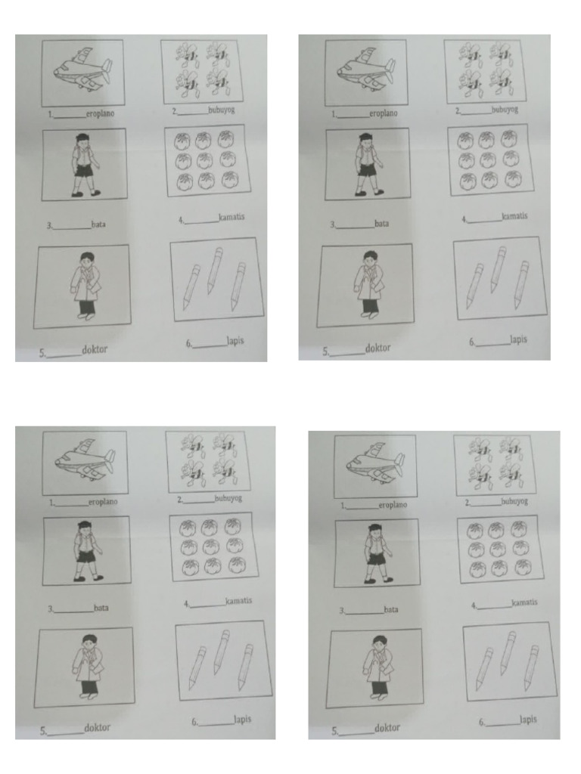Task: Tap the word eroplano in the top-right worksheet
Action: point(383,113)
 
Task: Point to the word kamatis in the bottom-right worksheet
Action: point(524,602)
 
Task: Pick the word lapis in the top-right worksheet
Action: point(518,340)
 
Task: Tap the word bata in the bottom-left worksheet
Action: point(101,607)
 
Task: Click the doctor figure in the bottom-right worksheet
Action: point(375,667)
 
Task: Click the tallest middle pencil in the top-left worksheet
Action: point(215,269)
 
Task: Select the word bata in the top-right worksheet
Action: point(381,224)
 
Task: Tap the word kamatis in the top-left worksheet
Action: point(231,218)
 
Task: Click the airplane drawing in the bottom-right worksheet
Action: point(375,463)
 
